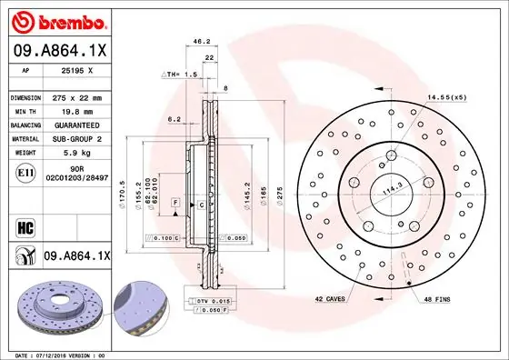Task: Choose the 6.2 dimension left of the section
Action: [175, 119]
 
